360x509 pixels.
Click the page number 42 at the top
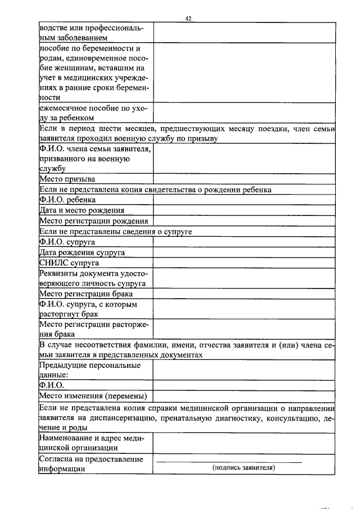(x=188, y=19)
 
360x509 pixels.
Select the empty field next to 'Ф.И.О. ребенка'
(x=244, y=200)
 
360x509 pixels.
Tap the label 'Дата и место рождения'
(x=82, y=210)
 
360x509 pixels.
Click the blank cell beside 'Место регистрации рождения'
(x=244, y=221)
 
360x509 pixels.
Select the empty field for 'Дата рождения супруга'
(x=244, y=253)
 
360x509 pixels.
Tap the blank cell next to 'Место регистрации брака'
(x=244, y=294)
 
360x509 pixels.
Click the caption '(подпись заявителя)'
(x=243, y=468)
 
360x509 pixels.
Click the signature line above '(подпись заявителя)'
(x=229, y=461)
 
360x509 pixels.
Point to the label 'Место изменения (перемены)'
(x=93, y=395)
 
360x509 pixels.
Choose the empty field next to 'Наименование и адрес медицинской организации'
(x=244, y=443)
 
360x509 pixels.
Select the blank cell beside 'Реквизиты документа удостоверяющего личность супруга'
(x=244, y=278)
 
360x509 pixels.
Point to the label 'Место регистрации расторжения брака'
(x=93, y=329)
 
